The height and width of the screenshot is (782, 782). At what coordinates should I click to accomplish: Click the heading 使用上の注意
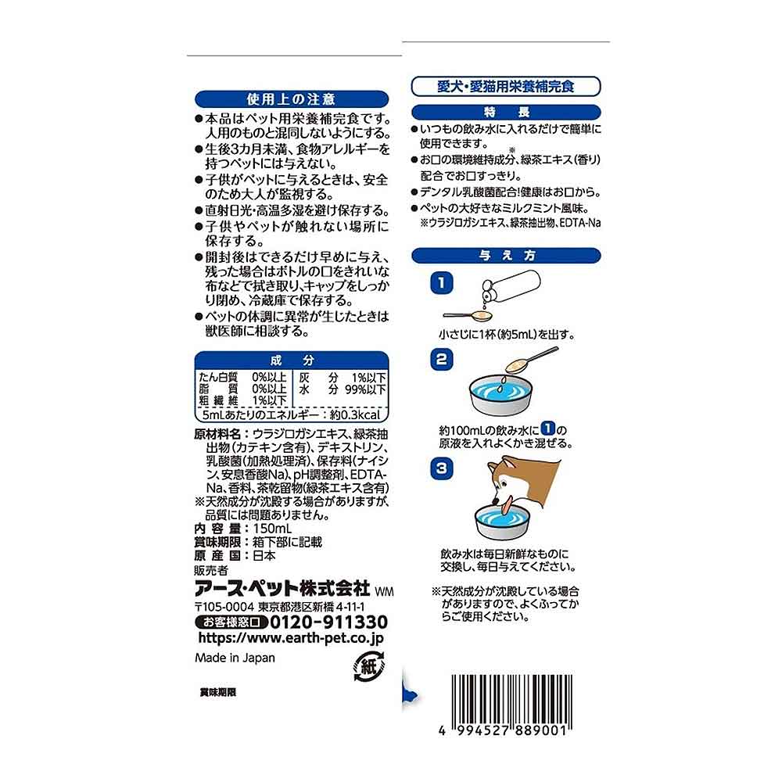click(291, 99)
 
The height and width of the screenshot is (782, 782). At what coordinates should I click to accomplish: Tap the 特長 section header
click(506, 112)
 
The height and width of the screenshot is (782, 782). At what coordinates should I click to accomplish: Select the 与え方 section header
click(506, 256)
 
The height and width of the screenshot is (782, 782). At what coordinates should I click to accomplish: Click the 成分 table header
click(291, 361)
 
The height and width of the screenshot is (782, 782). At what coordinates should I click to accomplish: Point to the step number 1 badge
click(441, 283)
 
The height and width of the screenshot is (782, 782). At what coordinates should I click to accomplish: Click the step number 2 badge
click(441, 359)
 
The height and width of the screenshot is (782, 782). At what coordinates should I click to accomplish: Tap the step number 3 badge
click(441, 468)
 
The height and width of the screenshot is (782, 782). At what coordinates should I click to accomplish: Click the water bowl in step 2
click(500, 394)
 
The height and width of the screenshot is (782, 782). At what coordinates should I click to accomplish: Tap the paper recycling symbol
click(368, 666)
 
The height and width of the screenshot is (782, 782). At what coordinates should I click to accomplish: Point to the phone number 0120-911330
click(328, 622)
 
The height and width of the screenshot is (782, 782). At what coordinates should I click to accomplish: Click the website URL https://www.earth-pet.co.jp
click(291, 638)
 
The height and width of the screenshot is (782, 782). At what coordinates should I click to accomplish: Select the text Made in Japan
click(235, 658)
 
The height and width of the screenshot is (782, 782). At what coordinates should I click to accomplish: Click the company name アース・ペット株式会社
click(282, 589)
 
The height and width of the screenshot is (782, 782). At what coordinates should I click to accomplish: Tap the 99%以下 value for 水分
click(365, 389)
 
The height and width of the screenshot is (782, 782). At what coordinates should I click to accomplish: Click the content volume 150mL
click(272, 529)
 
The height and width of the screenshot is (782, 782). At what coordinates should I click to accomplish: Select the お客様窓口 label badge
click(231, 622)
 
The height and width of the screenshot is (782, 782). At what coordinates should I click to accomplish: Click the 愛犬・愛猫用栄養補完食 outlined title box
click(506, 86)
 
